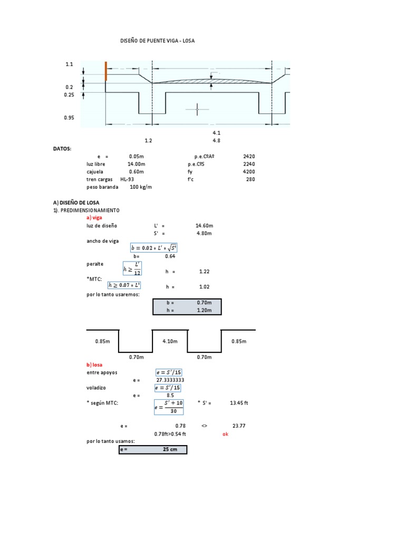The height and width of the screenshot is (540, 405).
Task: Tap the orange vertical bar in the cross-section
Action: (x=106, y=71)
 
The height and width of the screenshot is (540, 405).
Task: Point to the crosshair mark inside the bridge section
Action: (x=198, y=109)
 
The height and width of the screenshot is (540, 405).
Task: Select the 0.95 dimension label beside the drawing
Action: (x=69, y=118)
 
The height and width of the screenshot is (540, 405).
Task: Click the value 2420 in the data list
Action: (x=249, y=157)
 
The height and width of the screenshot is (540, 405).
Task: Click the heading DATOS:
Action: (x=62, y=149)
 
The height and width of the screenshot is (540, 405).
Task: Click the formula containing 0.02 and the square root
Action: (x=153, y=248)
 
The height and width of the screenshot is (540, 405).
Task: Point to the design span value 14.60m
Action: (x=204, y=225)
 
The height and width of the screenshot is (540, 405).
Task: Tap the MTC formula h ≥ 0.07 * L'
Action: (x=127, y=285)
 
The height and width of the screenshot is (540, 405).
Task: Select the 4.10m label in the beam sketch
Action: (x=170, y=341)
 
